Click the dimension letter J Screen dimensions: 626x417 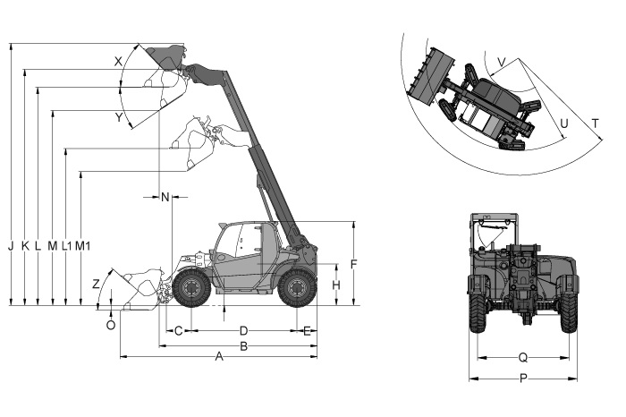click(x=11, y=246)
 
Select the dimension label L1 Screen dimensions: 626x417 click(x=67, y=246)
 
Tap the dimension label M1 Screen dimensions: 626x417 click(x=82, y=246)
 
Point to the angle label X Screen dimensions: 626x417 click(x=118, y=62)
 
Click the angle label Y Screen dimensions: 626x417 click(x=119, y=117)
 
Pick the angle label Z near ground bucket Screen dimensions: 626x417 click(x=96, y=284)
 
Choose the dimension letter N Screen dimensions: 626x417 click(x=165, y=197)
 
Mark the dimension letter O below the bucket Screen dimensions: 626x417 click(x=111, y=325)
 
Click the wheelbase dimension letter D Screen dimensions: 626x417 click(x=243, y=331)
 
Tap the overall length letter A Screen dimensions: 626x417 click(x=219, y=356)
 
